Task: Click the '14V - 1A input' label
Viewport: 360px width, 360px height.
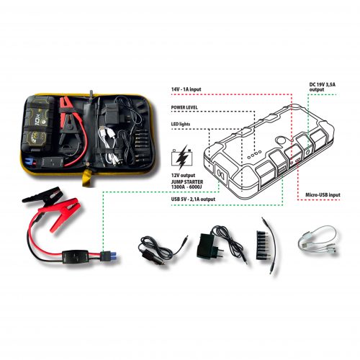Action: pos(186,89)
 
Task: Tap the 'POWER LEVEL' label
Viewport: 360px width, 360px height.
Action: pos(184,107)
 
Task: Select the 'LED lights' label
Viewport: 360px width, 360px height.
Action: pos(181,124)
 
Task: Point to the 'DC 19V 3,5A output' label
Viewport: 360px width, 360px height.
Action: pos(323,87)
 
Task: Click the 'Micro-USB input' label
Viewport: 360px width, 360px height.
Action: pos(323,194)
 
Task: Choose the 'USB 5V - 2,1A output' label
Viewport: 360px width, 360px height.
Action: pos(193,199)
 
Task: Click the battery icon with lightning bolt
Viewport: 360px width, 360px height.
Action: pos(182,158)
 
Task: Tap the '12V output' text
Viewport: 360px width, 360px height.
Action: pos(183,175)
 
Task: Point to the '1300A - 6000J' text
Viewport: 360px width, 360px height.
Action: pos(186,187)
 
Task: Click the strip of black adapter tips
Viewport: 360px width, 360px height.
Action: pos(263,245)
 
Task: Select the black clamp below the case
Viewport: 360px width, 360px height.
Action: pos(43,196)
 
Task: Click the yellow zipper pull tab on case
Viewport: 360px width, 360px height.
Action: pos(86,178)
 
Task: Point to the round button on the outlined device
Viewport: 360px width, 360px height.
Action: pos(280,140)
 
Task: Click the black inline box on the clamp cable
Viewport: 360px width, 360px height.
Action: pos(74,256)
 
